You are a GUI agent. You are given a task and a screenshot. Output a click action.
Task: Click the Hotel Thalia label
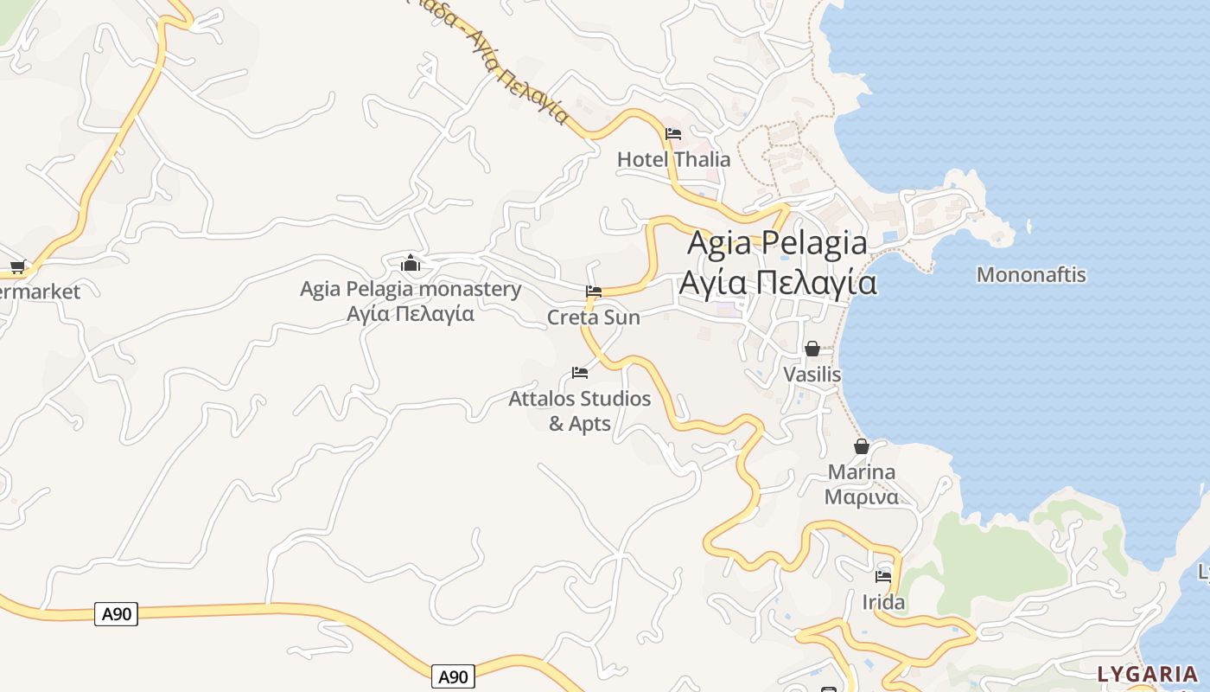[x=673, y=159]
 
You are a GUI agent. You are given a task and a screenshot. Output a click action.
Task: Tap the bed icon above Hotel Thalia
[x=673, y=134]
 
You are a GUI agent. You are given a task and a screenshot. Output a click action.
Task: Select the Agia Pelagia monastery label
[x=410, y=289]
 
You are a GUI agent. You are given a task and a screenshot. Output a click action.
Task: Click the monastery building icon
[x=411, y=262]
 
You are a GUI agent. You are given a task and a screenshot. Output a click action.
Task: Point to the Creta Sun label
[x=594, y=317]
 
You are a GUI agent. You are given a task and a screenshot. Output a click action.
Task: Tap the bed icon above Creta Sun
[x=594, y=292]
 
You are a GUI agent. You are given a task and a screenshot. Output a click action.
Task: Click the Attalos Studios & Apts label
[x=580, y=411]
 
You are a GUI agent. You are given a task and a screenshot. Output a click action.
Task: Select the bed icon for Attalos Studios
[x=580, y=373]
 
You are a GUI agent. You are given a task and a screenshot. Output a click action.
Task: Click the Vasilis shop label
[x=812, y=375]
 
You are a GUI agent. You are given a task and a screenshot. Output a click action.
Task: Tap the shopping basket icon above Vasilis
[x=812, y=349]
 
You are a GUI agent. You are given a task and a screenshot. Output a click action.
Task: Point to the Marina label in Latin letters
[x=862, y=472]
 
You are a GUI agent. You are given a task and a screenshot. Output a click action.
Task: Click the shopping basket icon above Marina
[x=862, y=446]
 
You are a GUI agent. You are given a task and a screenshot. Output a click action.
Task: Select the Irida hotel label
[x=883, y=602]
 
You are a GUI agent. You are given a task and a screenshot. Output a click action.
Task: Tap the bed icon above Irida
[x=883, y=576]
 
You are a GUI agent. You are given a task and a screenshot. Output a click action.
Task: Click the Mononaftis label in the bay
[x=1031, y=275]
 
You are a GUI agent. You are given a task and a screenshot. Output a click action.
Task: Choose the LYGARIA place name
[x=1148, y=674]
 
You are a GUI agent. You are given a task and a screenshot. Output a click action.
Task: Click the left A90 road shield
[x=116, y=614]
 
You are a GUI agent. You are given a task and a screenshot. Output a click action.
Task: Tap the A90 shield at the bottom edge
[x=452, y=676]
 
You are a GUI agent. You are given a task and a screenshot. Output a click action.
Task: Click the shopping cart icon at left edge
[x=17, y=266]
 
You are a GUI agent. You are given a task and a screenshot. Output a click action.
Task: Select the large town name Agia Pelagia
[x=777, y=243]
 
